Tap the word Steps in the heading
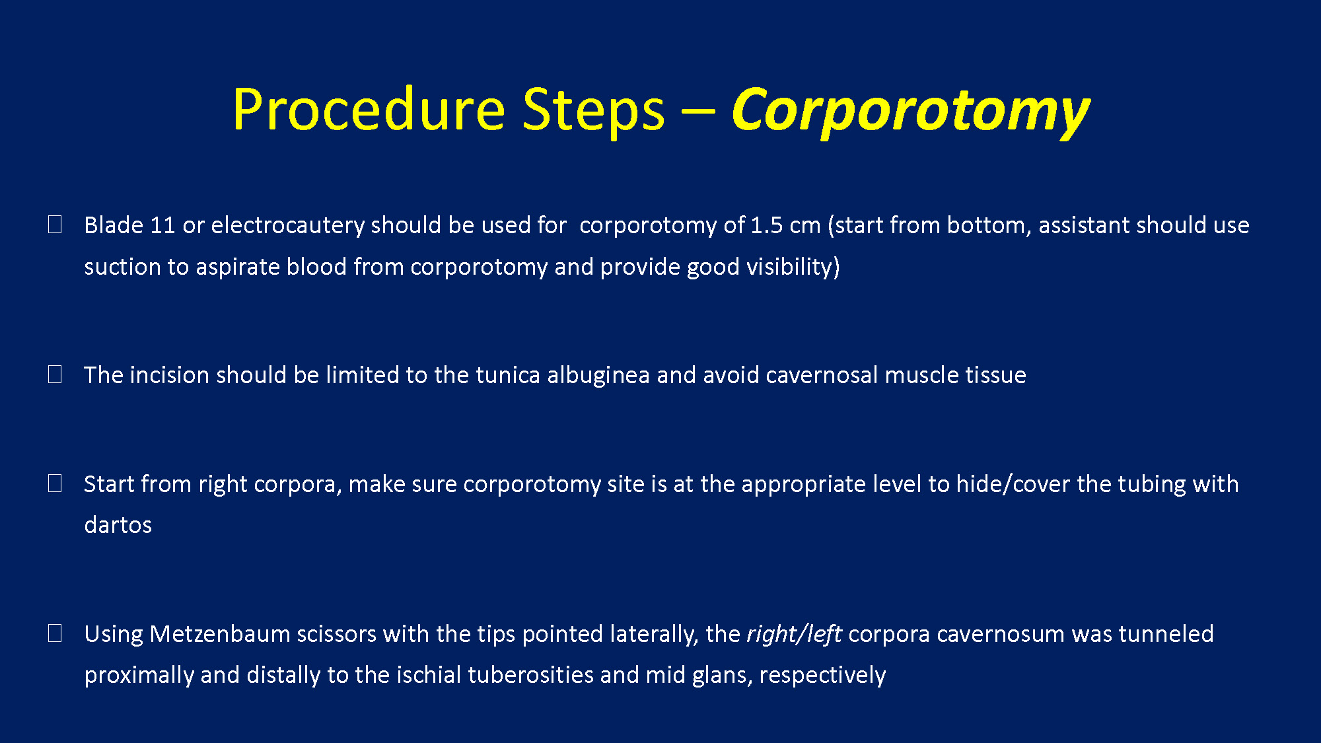point(594,111)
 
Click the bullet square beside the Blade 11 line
point(55,225)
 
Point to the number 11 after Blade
point(162,225)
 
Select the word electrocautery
point(288,226)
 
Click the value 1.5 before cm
point(767,225)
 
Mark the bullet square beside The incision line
point(55,374)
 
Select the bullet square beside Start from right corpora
point(55,483)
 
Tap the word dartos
point(118,525)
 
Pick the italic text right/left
point(794,634)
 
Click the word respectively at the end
point(822,676)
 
